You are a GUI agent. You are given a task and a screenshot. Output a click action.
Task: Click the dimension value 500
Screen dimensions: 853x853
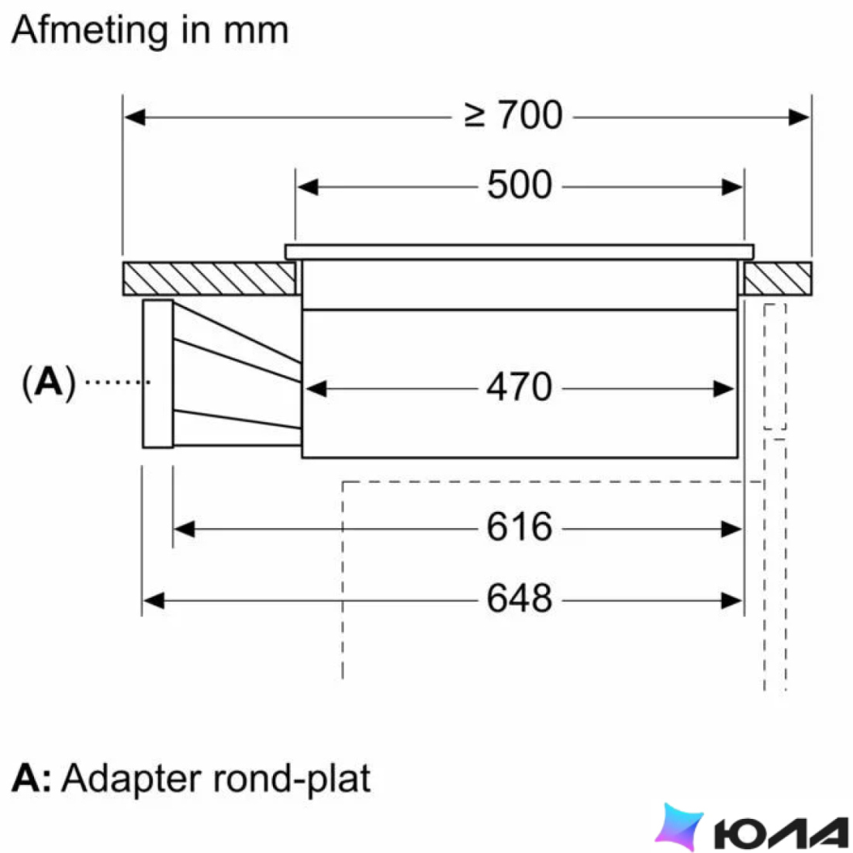(520, 185)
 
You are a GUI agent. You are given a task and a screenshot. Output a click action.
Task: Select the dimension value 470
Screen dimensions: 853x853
(520, 387)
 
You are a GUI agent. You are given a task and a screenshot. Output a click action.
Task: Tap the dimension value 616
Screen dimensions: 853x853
(520, 527)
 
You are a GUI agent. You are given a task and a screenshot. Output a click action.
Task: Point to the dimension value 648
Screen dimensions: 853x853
(520, 599)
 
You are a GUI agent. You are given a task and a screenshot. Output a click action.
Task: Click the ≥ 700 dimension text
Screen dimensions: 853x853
(513, 115)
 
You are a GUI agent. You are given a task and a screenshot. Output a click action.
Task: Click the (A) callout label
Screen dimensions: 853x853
(48, 382)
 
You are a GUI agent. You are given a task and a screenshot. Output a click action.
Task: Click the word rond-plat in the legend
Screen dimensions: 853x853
(292, 779)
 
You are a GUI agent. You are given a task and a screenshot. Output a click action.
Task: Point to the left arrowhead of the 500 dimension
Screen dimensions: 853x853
(308, 187)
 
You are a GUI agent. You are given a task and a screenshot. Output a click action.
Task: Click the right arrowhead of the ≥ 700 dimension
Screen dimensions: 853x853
(799, 117)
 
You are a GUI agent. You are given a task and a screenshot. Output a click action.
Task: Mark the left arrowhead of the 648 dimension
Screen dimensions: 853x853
(154, 600)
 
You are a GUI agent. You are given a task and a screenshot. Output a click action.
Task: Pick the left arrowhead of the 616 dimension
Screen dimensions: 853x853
(184, 529)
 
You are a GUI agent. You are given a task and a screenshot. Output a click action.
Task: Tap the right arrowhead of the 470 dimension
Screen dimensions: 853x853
(723, 389)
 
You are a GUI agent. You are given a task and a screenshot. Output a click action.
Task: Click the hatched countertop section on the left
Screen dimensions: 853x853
(209, 278)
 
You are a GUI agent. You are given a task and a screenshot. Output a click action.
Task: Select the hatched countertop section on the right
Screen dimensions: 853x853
(778, 278)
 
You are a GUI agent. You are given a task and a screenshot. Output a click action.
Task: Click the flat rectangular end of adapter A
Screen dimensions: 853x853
(157, 375)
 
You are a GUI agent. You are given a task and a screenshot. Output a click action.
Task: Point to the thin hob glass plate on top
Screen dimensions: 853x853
(520, 252)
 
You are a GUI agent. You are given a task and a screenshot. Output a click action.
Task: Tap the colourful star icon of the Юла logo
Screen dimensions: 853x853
(679, 825)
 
